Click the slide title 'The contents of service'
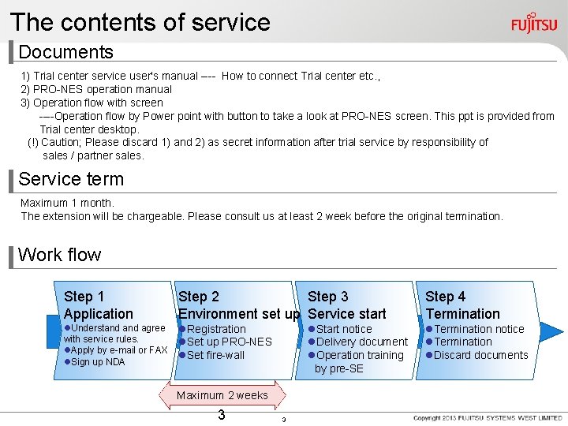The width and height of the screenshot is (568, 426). (140, 22)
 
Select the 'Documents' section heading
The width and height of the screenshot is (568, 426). (66, 53)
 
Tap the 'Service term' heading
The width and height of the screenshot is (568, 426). (71, 179)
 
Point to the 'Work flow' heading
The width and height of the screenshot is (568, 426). (60, 255)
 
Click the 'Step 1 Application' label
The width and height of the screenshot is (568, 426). (98, 305)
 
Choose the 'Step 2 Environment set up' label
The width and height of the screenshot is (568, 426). (238, 305)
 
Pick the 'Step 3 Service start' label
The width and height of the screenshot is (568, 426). (346, 305)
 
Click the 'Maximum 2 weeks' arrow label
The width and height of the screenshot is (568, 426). (222, 395)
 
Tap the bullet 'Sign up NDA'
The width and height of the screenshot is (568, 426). (97, 362)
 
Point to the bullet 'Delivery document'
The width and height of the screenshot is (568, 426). (361, 342)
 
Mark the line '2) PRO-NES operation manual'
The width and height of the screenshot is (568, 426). (96, 89)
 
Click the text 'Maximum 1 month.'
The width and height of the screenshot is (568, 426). (67, 203)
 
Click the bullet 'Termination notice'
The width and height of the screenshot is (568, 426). (478, 329)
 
